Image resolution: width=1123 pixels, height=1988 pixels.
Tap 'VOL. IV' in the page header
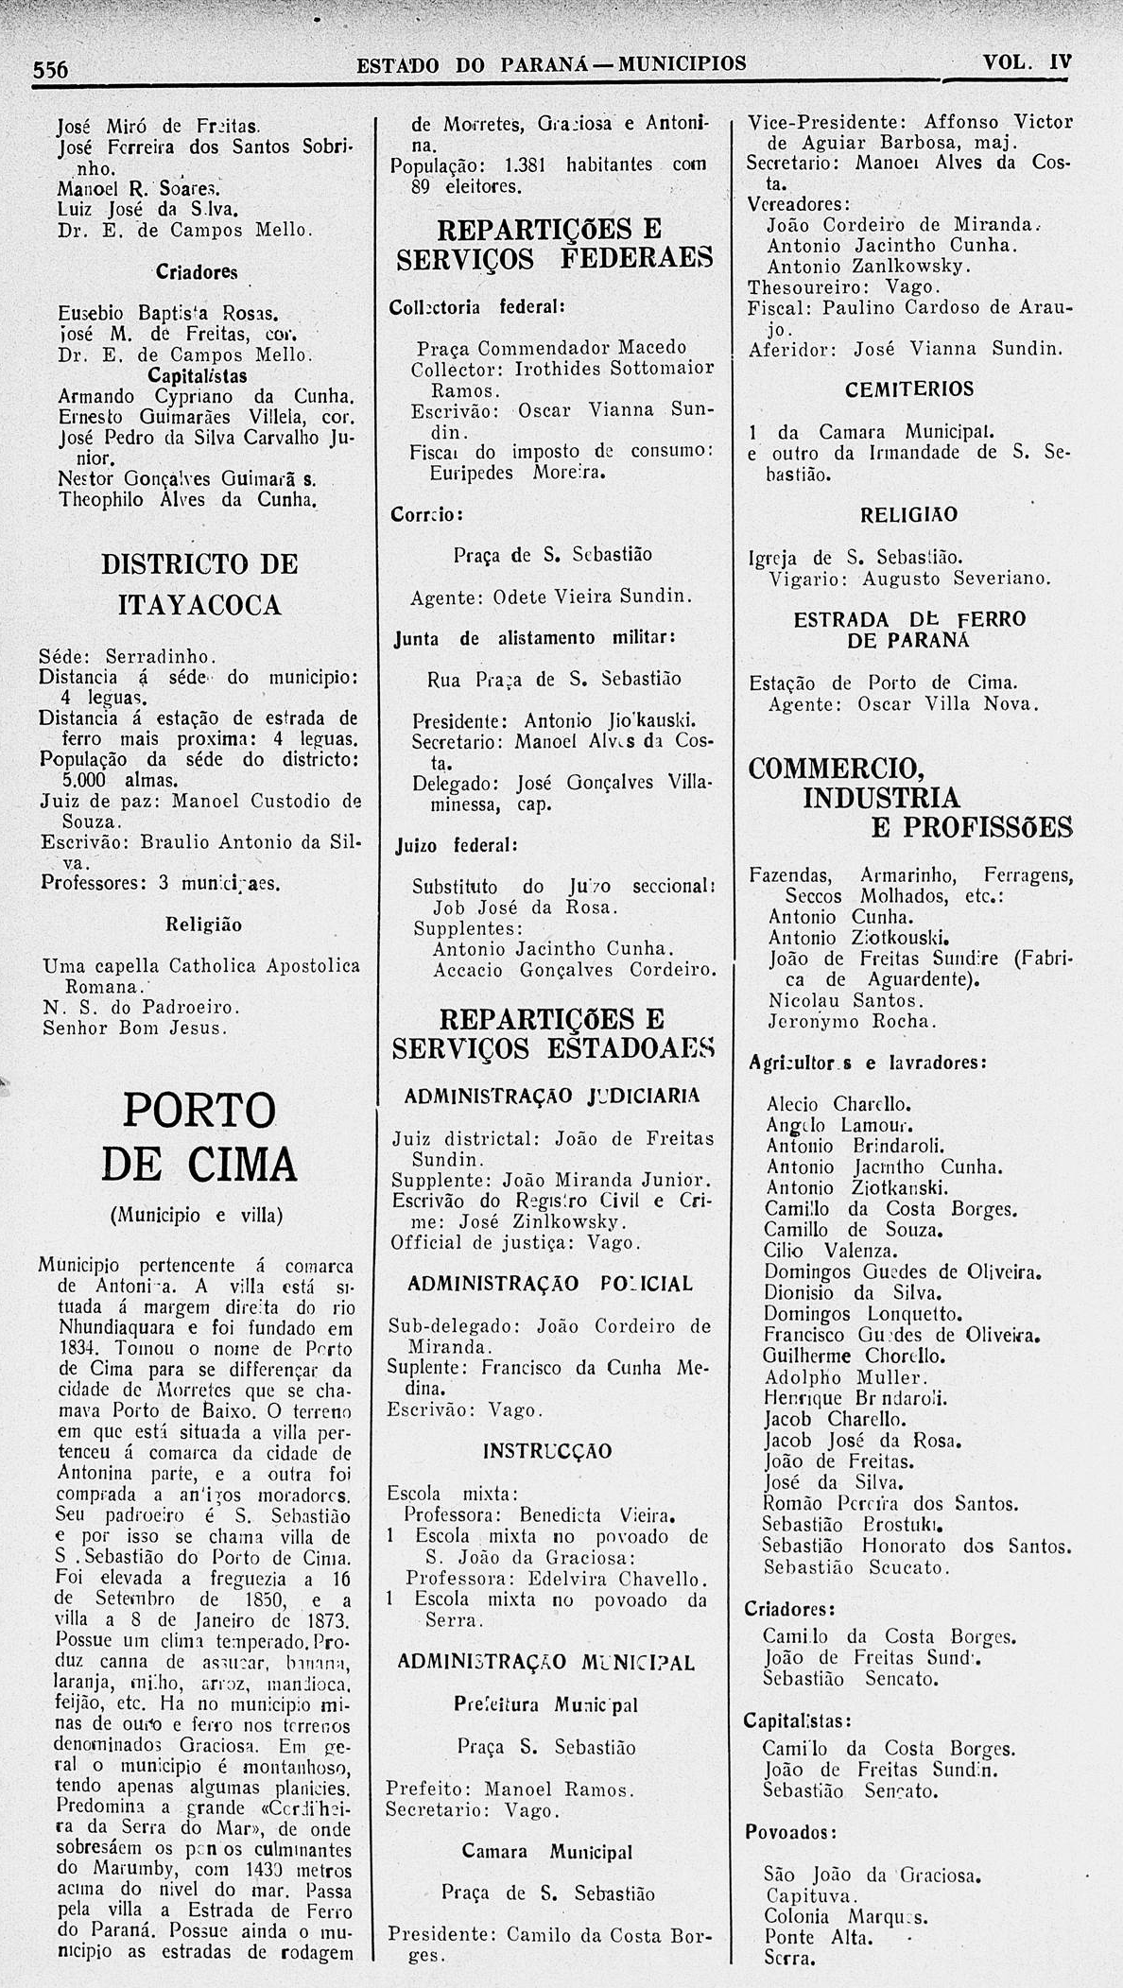tap(1027, 62)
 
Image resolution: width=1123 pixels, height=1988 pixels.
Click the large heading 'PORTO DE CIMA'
tap(199, 1136)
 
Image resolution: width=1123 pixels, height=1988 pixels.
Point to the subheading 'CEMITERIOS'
tap(909, 389)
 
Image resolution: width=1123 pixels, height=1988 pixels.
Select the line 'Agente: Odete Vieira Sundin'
tap(552, 597)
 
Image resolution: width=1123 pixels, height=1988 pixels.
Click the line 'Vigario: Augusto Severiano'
tap(909, 579)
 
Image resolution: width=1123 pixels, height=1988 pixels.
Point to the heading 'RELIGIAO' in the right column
tap(908, 515)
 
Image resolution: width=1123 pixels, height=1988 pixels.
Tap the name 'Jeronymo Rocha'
tap(852, 1022)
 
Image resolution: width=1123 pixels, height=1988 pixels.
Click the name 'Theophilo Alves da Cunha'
tap(186, 499)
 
